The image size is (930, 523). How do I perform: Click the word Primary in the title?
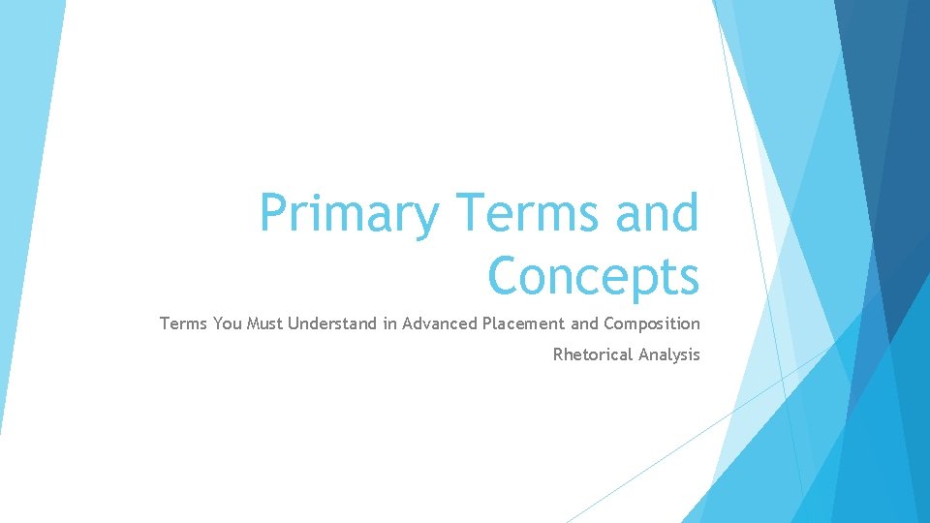pos(348,215)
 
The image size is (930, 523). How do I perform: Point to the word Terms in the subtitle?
pos(183,323)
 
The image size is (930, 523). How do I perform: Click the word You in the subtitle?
pos(228,323)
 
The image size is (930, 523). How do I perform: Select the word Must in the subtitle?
pos(266,323)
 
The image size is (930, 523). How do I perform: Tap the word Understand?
pos(332,323)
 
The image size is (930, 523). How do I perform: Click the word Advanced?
pos(440,323)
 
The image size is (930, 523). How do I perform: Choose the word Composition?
pos(651,323)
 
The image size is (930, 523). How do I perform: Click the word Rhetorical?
pos(593,354)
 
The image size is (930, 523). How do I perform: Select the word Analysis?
pos(668,354)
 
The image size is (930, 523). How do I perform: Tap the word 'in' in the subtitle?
pos(389,323)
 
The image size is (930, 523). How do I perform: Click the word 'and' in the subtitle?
pos(584,323)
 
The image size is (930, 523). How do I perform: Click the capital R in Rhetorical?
pos(558,354)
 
